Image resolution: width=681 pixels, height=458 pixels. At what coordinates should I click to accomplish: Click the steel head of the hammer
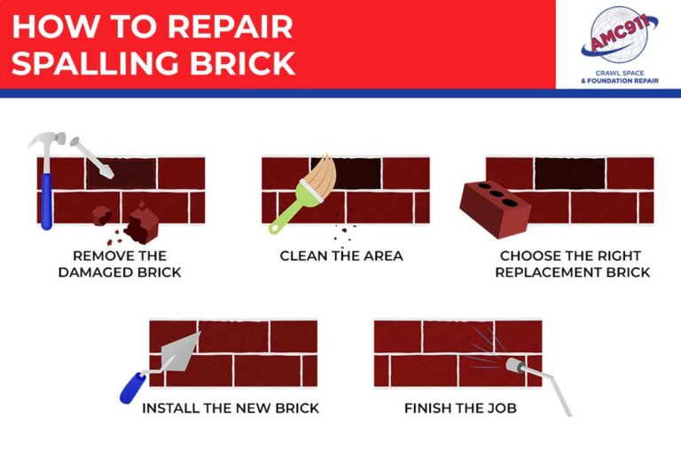(44, 142)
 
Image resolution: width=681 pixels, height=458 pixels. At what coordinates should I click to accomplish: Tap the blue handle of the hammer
(46, 200)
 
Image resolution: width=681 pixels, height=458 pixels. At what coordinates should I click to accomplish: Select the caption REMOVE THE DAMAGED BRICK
(120, 265)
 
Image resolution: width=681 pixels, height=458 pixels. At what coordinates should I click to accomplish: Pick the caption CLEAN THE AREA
(341, 257)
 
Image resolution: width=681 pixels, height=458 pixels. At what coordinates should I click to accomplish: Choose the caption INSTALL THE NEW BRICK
(231, 409)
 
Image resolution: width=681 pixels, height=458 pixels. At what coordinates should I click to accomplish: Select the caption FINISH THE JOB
(460, 409)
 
